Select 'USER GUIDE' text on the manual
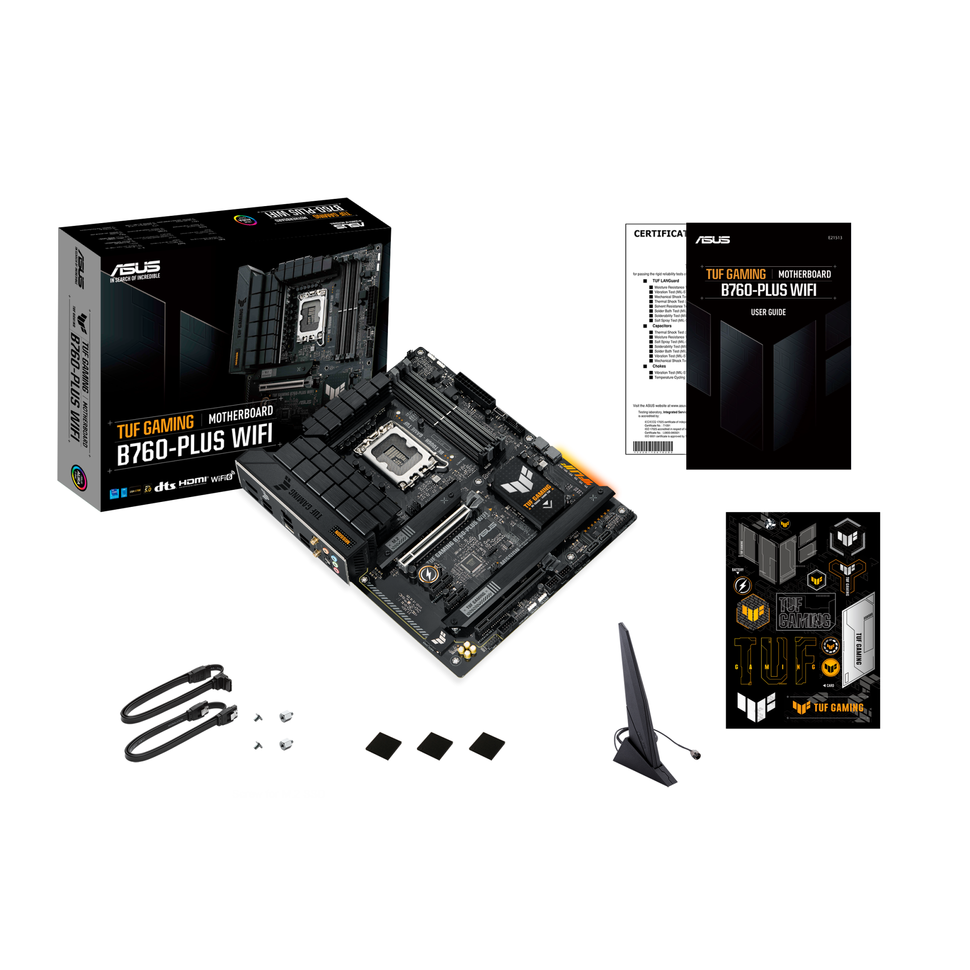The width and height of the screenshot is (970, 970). [768, 312]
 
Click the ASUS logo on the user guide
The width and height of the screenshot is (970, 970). [712, 240]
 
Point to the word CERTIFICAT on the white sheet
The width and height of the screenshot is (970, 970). [659, 233]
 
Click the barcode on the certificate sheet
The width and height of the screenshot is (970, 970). [652, 446]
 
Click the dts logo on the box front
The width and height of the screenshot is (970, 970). [165, 486]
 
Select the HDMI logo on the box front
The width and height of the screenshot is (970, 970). [193, 482]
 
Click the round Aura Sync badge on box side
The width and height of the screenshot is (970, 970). [80, 476]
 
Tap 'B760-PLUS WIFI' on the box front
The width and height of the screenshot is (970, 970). [195, 443]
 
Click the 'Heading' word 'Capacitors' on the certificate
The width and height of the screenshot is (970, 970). [662, 326]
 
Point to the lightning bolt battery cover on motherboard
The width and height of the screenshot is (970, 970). [427, 574]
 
